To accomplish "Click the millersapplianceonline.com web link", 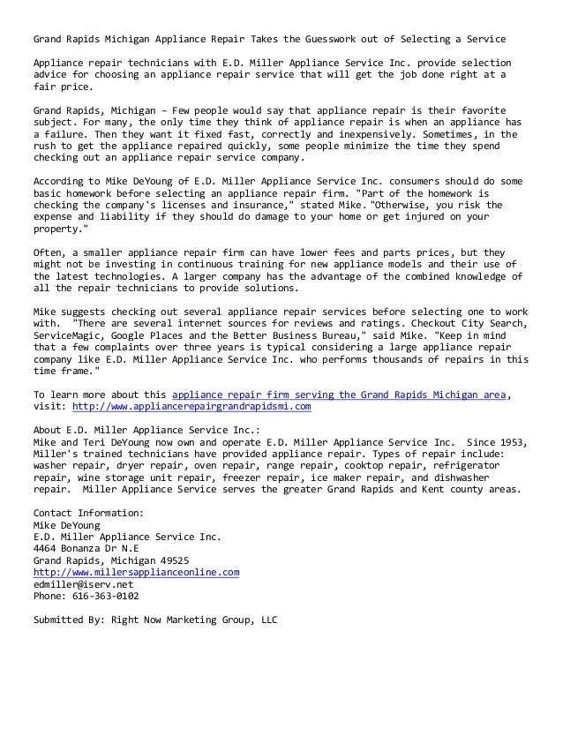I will pos(136,572).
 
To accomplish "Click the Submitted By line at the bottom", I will pos(154,620).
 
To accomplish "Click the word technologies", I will pos(118,275).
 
